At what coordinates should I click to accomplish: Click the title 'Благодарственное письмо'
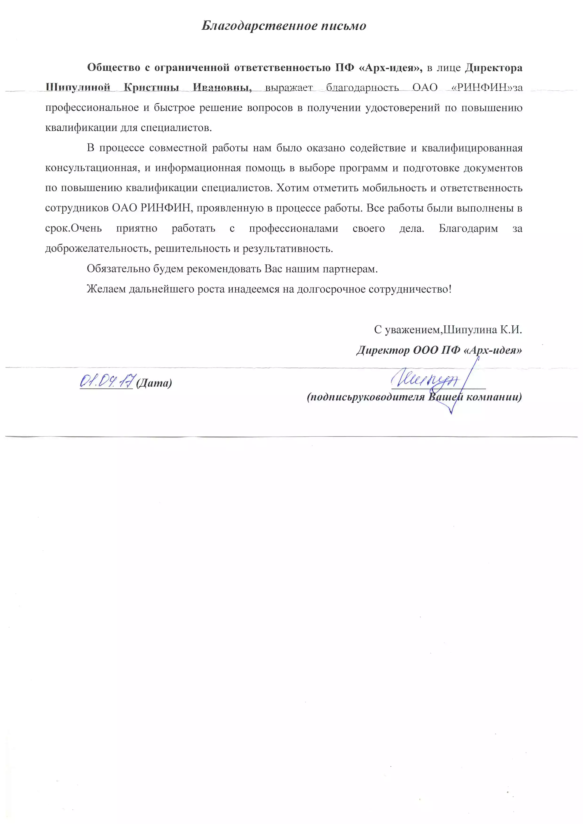(x=284, y=26)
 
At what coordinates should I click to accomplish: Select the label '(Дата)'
(x=154, y=383)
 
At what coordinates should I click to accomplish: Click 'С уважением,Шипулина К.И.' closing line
(x=448, y=329)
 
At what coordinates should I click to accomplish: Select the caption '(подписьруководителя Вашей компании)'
(x=414, y=397)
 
